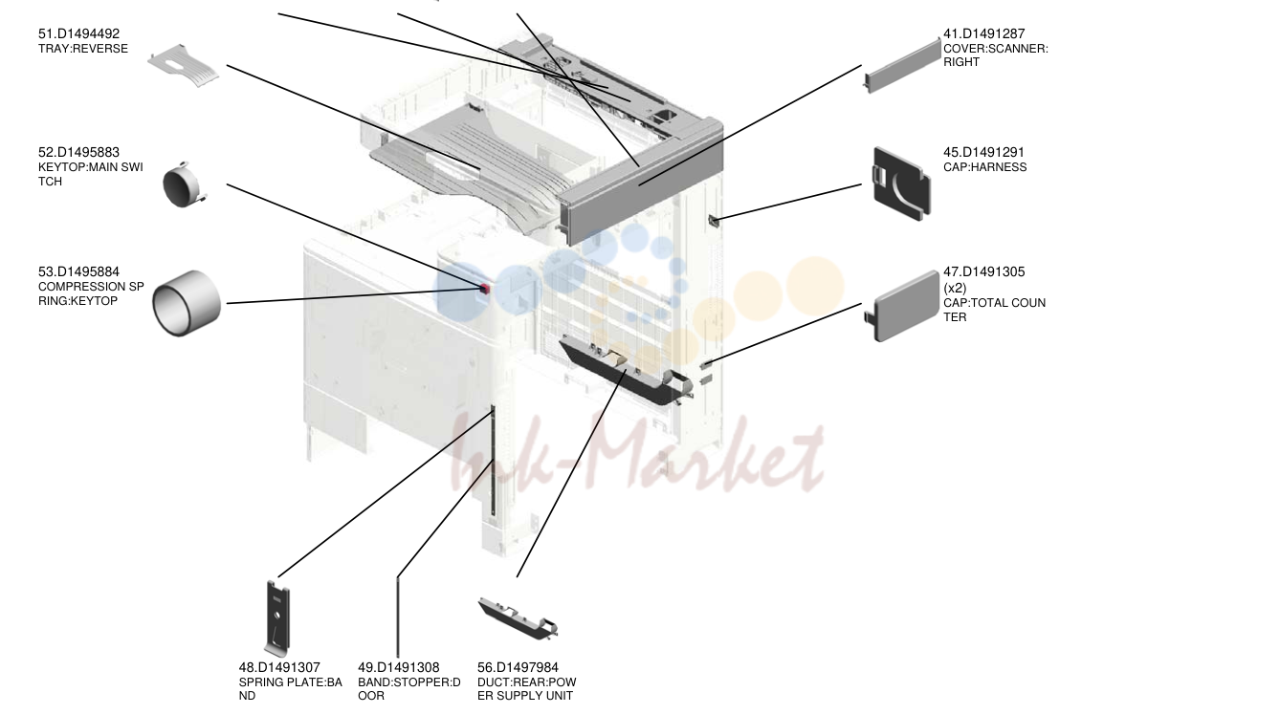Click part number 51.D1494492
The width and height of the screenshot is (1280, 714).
pos(78,33)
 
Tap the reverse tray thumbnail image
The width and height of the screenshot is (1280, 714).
pos(183,66)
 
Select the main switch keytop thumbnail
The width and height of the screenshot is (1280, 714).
pos(184,184)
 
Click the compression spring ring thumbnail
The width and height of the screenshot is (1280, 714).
pos(187,303)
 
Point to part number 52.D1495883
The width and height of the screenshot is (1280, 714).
pos(78,152)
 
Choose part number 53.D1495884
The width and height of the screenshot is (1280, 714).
pos(78,271)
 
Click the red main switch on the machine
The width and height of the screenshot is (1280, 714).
pos(485,289)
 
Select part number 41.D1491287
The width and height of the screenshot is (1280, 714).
pos(984,33)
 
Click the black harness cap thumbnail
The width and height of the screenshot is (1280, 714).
pos(902,184)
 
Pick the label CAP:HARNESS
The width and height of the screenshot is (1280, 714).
pos(985,167)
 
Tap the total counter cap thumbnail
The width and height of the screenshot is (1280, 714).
pos(903,306)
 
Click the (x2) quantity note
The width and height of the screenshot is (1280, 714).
pos(955,288)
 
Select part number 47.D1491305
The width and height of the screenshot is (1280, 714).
pos(984,271)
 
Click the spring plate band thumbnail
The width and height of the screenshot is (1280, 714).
pos(277,618)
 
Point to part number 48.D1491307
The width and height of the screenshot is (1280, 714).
pos(279,667)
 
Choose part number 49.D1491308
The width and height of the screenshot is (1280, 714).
pos(399,667)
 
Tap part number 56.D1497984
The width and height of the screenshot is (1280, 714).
pos(519,667)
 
